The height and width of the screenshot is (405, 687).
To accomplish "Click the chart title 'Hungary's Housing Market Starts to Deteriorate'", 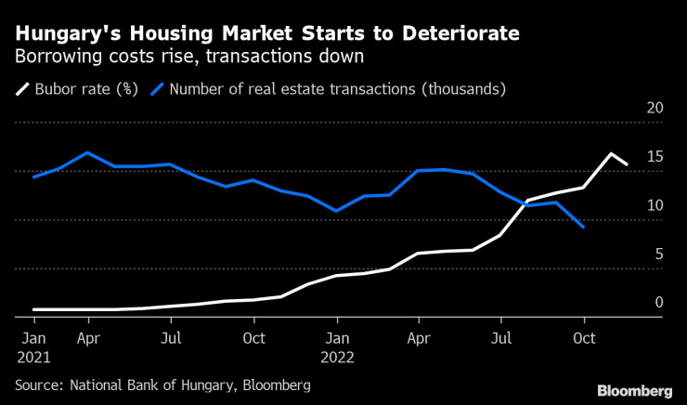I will coord(267,33).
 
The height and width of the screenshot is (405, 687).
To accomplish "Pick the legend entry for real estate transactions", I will coord(329,89).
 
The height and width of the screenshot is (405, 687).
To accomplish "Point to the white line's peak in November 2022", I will coord(610,153).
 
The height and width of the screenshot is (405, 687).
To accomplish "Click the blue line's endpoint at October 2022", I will coord(583,227).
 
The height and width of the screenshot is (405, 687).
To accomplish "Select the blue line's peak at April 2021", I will coord(87,152).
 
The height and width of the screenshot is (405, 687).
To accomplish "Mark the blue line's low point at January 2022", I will coord(337,212).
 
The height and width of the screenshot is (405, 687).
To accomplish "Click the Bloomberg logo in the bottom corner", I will coord(634,390).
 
